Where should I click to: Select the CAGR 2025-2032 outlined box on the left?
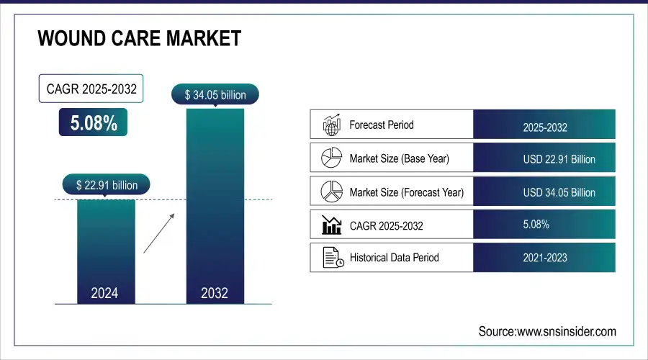coord(91,90)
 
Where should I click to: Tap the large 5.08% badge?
coord(93,123)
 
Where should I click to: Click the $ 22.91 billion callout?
coord(107,185)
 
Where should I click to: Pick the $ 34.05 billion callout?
coord(215,94)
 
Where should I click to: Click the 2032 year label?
coord(215,293)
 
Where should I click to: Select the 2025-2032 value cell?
coord(544,127)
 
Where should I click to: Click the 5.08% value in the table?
coord(536,225)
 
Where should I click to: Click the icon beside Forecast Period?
coord(331,125)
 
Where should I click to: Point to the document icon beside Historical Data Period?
coord(331,257)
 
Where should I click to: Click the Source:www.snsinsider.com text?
coord(547,331)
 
